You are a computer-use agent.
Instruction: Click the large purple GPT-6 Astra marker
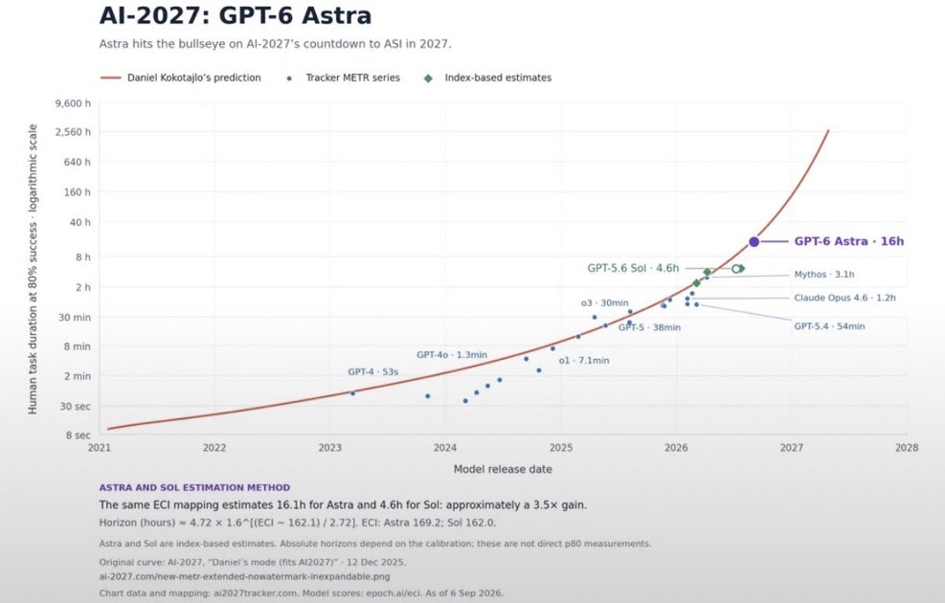(754, 241)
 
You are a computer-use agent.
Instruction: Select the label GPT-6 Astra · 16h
(848, 241)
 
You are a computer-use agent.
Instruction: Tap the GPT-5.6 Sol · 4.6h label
(633, 268)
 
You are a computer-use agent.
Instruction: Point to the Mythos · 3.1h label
(823, 274)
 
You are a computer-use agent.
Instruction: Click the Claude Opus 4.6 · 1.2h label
(844, 298)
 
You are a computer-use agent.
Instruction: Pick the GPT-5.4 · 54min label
(829, 325)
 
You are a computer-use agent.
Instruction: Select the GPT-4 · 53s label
(373, 371)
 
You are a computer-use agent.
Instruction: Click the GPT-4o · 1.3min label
(451, 355)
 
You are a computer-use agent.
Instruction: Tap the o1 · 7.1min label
(583, 360)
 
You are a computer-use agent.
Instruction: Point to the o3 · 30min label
(604, 302)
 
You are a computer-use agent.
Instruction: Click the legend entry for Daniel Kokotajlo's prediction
(180, 78)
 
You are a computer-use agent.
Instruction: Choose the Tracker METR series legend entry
(344, 78)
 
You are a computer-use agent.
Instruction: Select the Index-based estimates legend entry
(487, 78)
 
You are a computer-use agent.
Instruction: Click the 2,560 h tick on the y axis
(73, 132)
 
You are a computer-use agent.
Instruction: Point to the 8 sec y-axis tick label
(78, 435)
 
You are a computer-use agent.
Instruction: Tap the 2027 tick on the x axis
(791, 448)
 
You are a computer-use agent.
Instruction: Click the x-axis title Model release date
(503, 469)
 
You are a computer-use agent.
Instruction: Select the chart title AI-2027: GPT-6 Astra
(235, 15)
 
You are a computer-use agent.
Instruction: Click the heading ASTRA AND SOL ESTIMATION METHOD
(194, 487)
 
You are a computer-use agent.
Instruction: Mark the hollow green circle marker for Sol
(736, 269)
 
